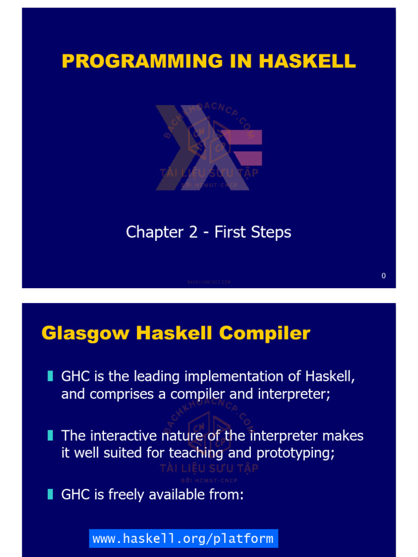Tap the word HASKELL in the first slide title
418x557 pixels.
pos(308,61)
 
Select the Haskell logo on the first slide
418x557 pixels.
pos(209,147)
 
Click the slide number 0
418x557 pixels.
pos(384,276)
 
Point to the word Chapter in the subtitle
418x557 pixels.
pos(150,232)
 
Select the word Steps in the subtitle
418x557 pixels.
pos(271,232)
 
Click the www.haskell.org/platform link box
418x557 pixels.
pos(183,539)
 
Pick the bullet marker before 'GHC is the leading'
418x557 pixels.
pos(50,375)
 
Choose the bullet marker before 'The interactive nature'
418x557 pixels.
pos(50,435)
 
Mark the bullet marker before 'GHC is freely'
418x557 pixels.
pos(50,494)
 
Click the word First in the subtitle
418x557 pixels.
pos(230,232)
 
